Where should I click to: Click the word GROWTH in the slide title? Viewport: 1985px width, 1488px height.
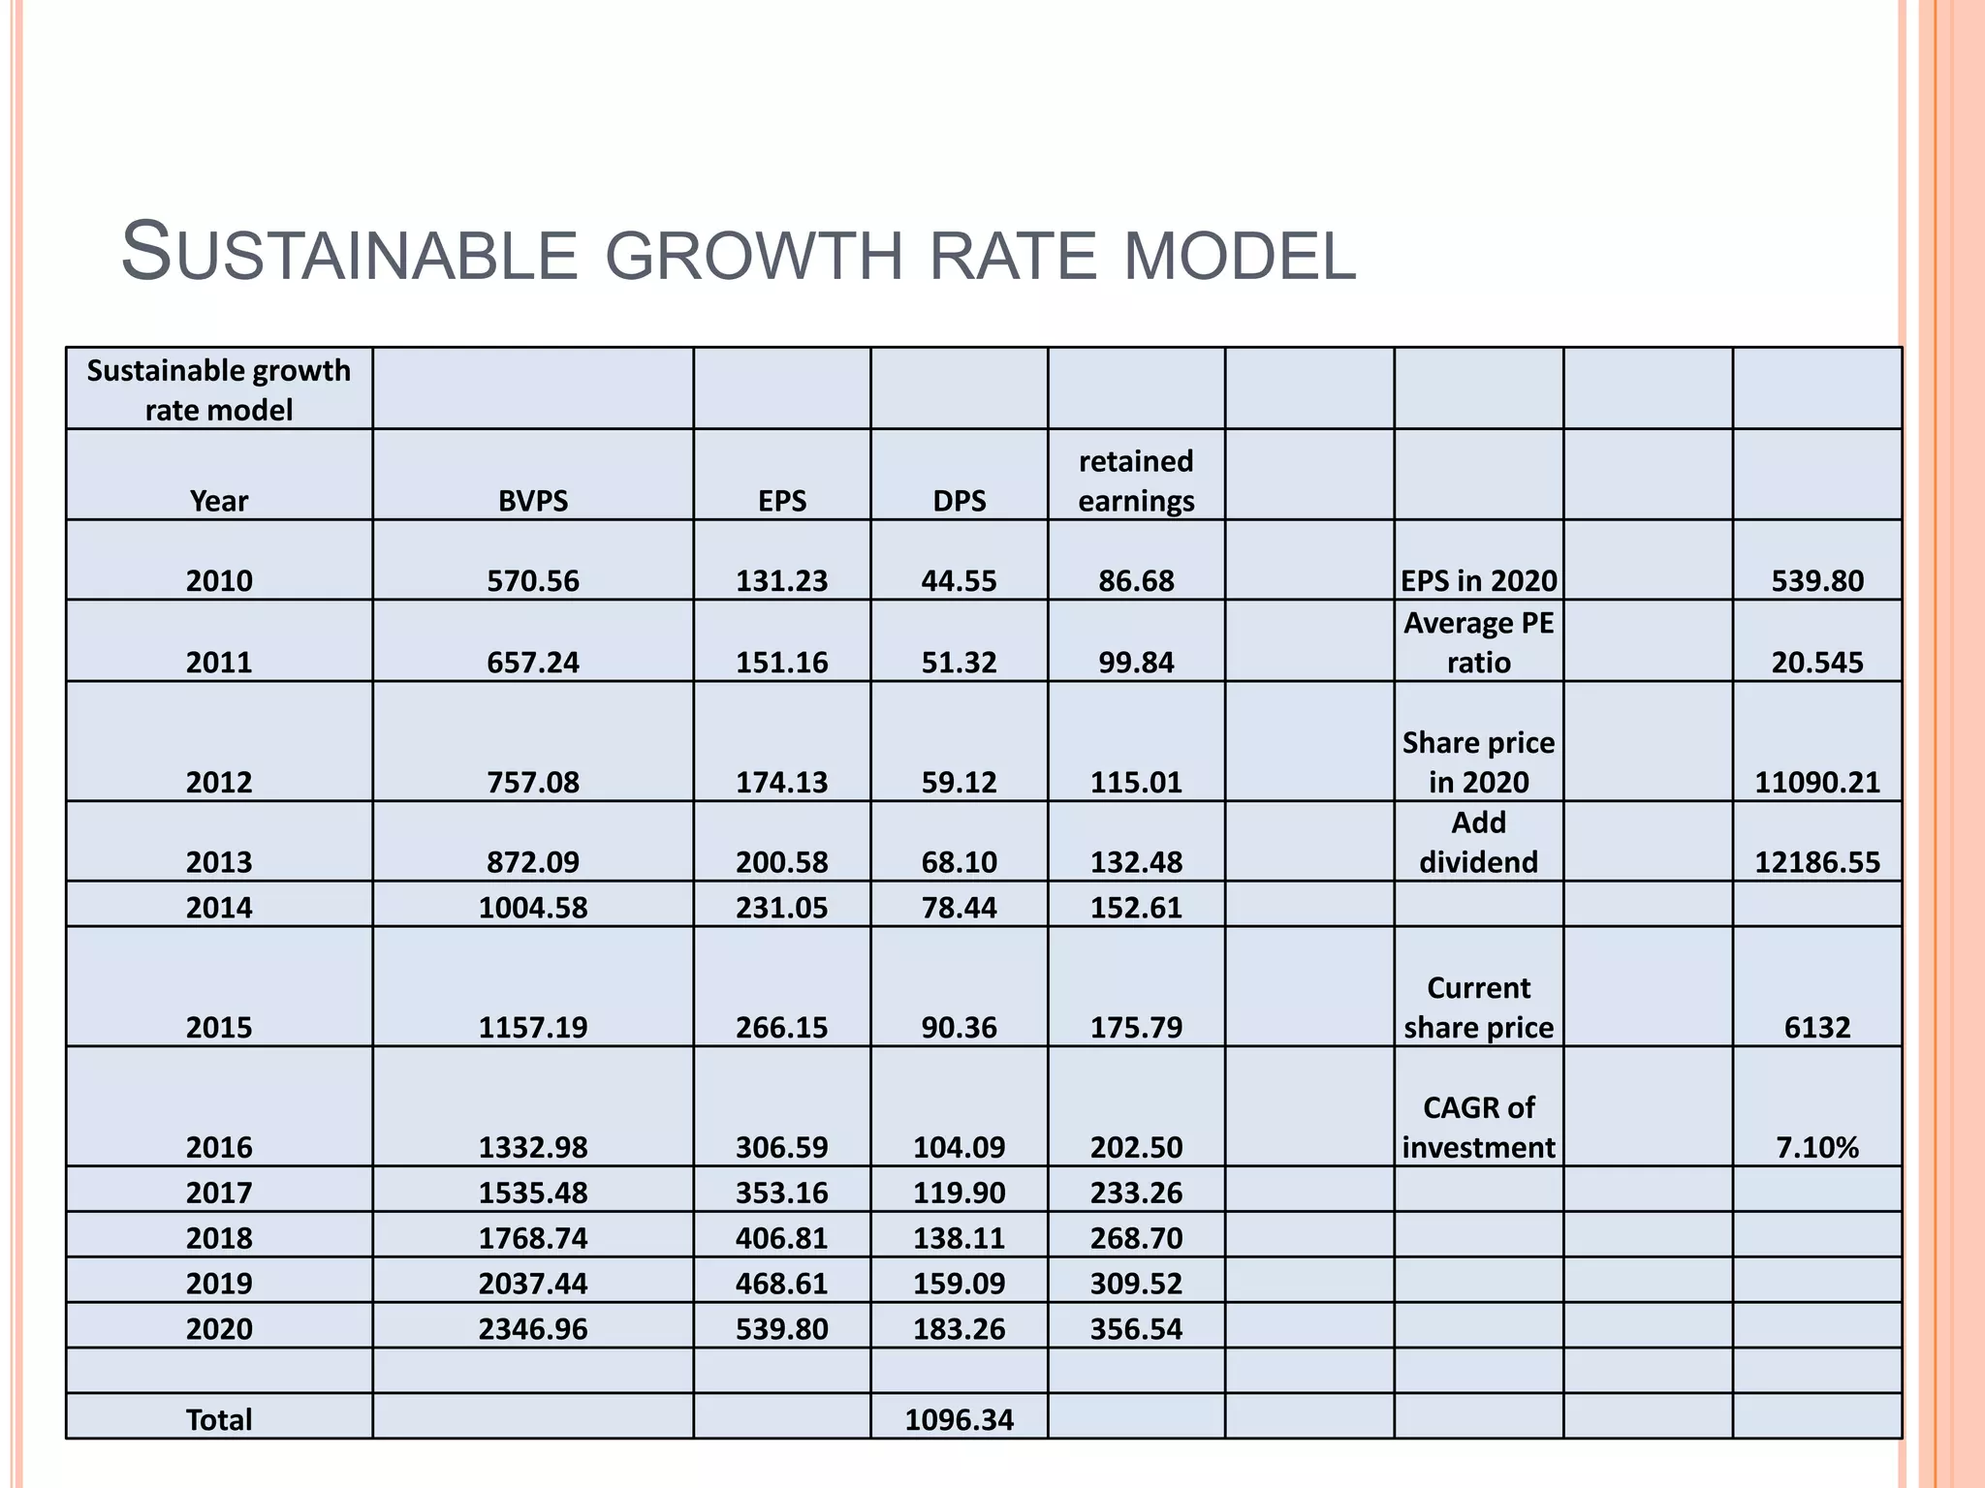757,256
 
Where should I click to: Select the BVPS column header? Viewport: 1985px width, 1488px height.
533,501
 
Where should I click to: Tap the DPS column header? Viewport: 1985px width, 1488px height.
959,501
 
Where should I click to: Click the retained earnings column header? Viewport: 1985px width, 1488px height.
1136,481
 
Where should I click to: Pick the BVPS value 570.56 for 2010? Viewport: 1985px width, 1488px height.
533,580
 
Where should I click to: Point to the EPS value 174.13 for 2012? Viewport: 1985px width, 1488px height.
781,782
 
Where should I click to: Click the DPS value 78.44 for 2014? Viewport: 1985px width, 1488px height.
959,908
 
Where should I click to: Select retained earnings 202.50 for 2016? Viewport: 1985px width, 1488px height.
1136,1147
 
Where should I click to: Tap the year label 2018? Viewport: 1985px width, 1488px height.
219,1238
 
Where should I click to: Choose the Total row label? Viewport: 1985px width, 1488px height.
219,1419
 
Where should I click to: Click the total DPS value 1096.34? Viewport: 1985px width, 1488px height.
959,1419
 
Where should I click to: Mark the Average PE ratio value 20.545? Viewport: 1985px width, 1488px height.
1816,663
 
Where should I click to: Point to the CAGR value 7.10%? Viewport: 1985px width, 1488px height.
1816,1147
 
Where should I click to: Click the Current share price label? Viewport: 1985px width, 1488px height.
1478,1007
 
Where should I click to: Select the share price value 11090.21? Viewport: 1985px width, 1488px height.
1816,782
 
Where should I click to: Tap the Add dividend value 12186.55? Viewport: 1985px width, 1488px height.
1816,862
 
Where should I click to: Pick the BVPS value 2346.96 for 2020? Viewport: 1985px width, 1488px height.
533,1328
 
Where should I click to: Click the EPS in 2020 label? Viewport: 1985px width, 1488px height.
1478,580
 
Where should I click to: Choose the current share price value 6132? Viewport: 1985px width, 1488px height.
1816,1027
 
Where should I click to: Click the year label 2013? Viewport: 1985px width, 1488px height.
219,862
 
